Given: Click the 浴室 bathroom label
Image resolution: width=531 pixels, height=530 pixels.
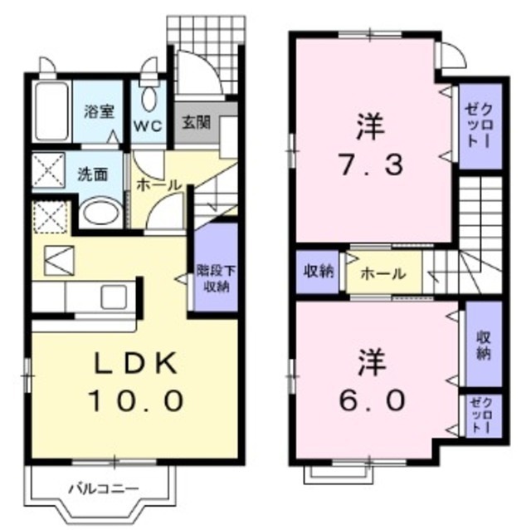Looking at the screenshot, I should (x=100, y=112).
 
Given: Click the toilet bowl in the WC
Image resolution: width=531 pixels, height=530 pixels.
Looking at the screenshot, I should (x=150, y=96).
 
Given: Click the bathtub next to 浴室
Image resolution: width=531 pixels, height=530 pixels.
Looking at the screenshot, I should (x=52, y=112).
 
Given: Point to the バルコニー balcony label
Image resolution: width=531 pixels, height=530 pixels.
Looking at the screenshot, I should (x=103, y=488).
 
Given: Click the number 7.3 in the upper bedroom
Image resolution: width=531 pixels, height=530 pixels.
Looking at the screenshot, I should (x=369, y=164).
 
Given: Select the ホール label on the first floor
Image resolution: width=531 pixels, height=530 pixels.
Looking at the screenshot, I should (x=157, y=184).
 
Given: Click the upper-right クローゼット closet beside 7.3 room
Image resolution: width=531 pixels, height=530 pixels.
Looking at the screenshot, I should (x=481, y=127).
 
